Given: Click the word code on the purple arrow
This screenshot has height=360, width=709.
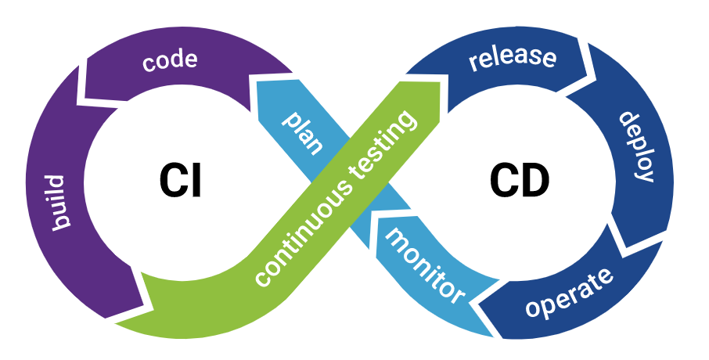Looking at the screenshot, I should click(170, 60).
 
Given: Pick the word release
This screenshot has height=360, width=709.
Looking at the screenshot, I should click(513, 59).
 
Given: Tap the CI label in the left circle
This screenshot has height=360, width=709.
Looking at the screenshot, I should click(181, 181).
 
